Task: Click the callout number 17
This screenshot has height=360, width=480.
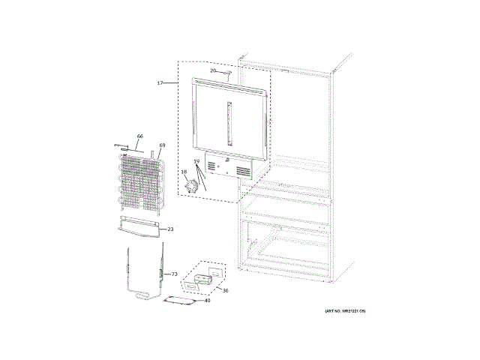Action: [160, 82]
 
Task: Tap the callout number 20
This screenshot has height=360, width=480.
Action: [213, 70]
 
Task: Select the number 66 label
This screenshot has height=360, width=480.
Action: [139, 136]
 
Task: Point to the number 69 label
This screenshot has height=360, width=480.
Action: [162, 145]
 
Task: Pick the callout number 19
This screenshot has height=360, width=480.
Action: [196, 162]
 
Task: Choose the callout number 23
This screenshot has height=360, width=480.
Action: [170, 229]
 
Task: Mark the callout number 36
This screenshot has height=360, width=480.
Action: [225, 291]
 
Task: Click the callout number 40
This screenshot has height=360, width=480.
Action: [207, 301]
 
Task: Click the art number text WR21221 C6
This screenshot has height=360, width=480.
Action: [345, 310]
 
